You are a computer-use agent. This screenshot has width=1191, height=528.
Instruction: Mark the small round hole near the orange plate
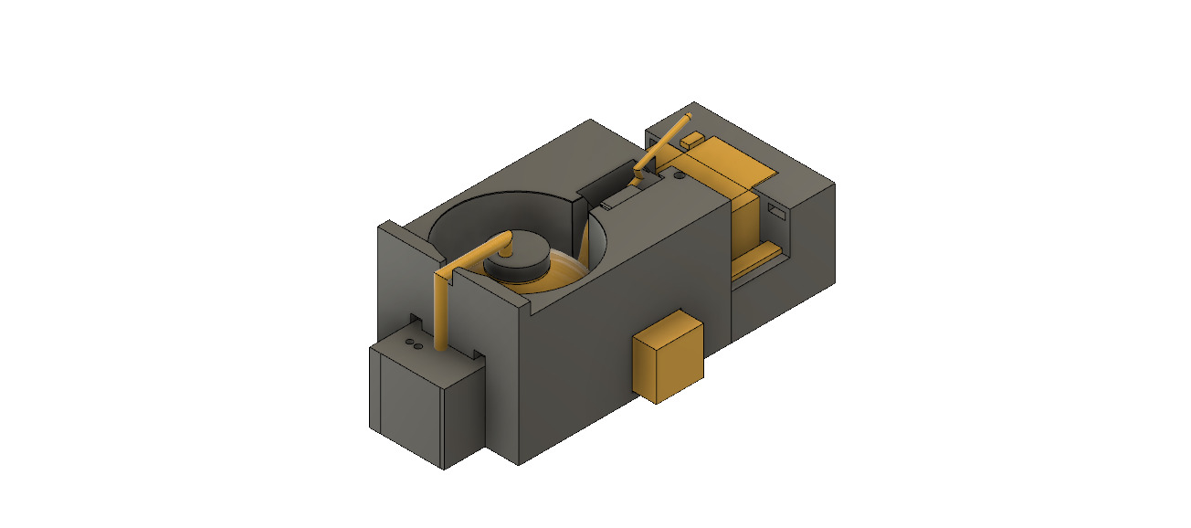point(680,174)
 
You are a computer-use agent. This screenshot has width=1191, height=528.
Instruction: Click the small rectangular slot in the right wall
point(777,211)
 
